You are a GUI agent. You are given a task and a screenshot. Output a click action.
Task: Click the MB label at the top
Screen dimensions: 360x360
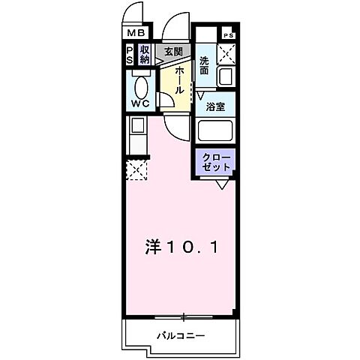(x=135, y=33)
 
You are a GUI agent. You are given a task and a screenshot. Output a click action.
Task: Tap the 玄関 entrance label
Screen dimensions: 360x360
(x=174, y=52)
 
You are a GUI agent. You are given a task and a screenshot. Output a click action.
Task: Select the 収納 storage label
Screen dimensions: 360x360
(x=145, y=55)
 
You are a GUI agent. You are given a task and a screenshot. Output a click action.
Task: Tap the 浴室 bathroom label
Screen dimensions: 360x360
(x=216, y=106)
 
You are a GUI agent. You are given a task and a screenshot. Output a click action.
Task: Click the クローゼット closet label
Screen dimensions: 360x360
(x=217, y=162)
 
